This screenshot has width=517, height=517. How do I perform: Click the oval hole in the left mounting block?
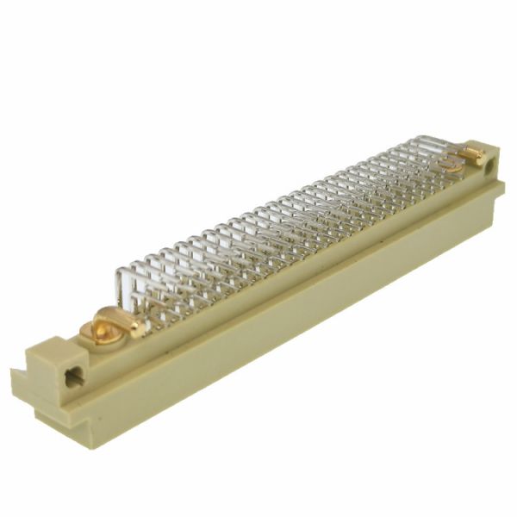click(x=72, y=375)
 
